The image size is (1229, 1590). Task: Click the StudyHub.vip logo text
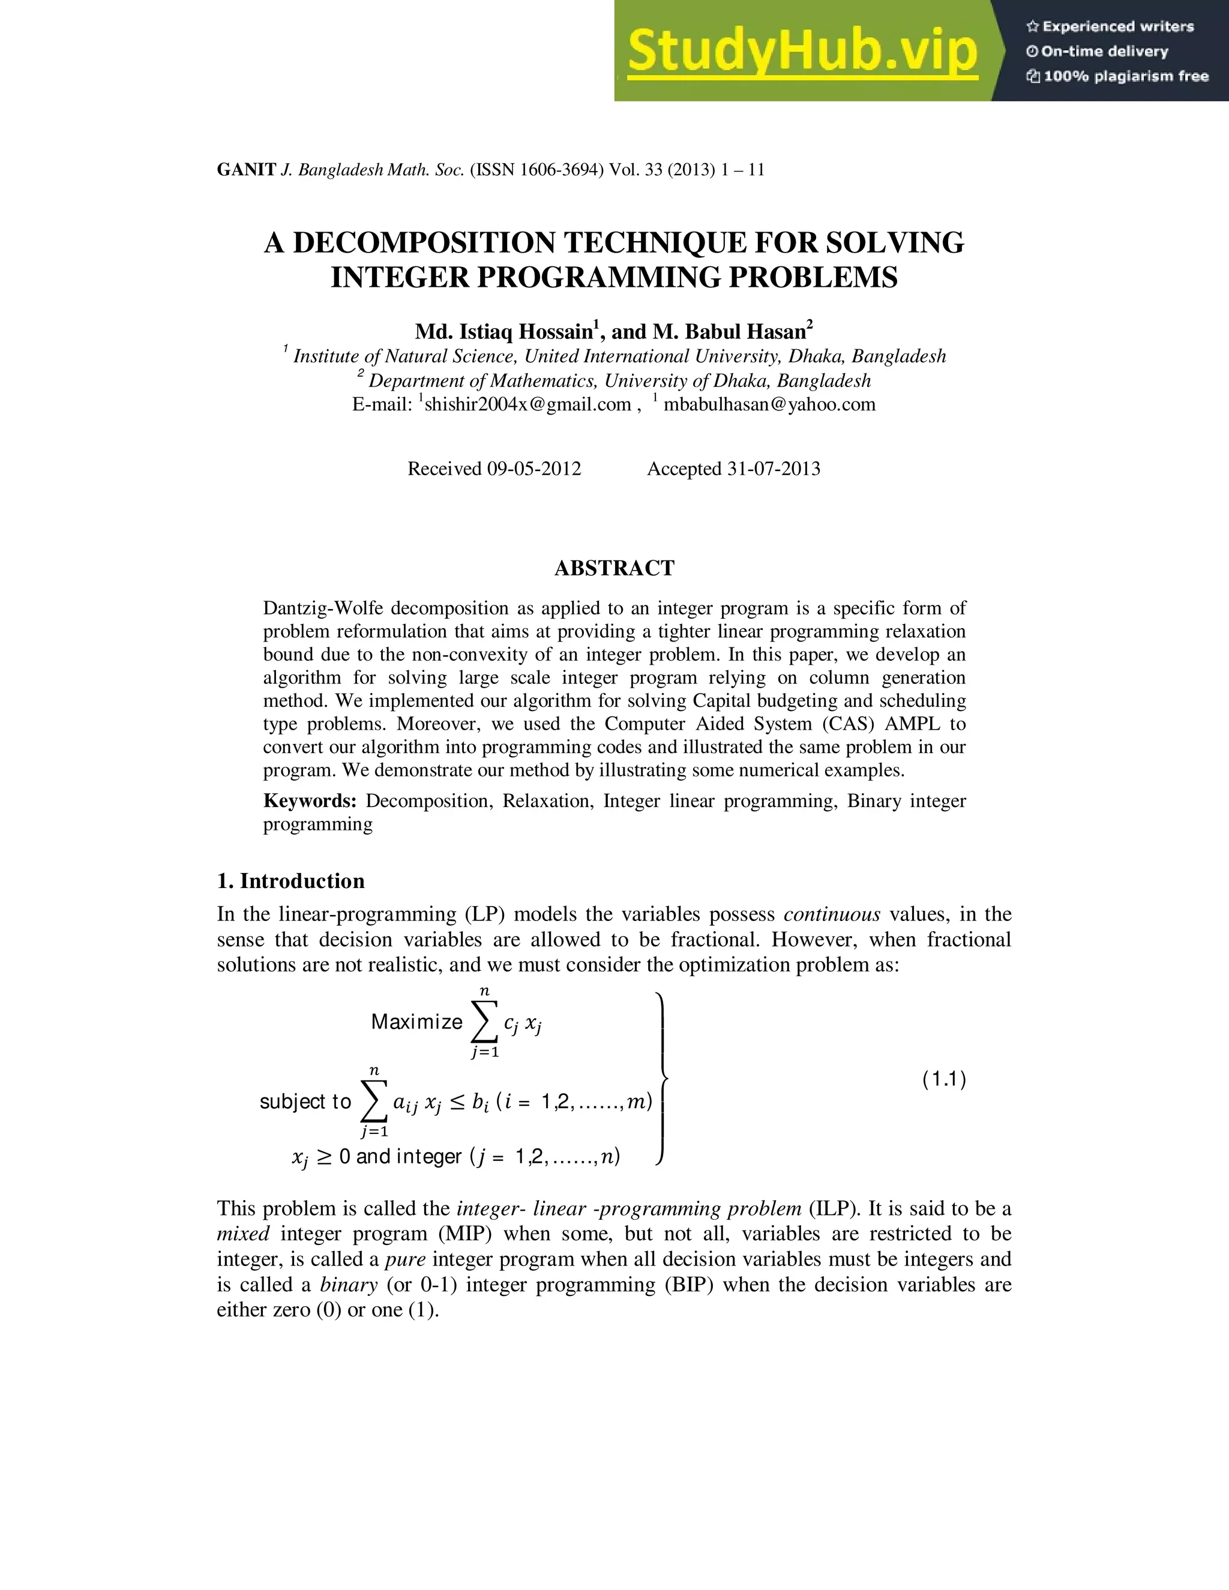[802, 51]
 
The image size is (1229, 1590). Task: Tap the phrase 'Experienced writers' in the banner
[1117, 27]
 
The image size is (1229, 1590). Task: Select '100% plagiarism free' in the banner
[1126, 76]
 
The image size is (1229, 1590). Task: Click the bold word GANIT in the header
[246, 170]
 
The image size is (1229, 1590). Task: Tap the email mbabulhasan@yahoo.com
[769, 405]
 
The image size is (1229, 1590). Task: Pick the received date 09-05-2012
[533, 469]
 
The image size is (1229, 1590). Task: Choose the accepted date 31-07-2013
[773, 469]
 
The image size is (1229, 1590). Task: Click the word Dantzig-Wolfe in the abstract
[323, 608]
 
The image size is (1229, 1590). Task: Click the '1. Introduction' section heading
[290, 881]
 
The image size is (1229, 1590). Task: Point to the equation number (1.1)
[943, 1079]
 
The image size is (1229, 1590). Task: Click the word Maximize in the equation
[416, 1022]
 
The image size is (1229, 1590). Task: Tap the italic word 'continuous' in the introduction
[832, 914]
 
